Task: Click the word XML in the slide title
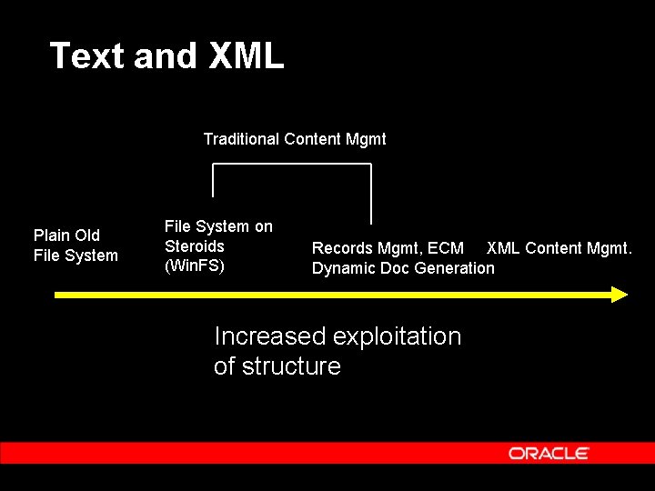(247, 56)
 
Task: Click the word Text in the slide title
(87, 56)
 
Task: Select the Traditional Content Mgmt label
(294, 139)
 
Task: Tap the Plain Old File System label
(76, 245)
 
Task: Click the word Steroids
(194, 246)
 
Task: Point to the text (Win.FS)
(194, 266)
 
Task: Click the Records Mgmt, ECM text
(388, 248)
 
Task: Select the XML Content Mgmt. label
(559, 248)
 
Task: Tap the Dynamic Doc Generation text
(403, 268)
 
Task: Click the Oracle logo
(549, 453)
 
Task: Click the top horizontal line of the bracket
(291, 164)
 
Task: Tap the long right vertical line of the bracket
(371, 194)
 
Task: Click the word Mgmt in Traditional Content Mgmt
(366, 139)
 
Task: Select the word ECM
(446, 248)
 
